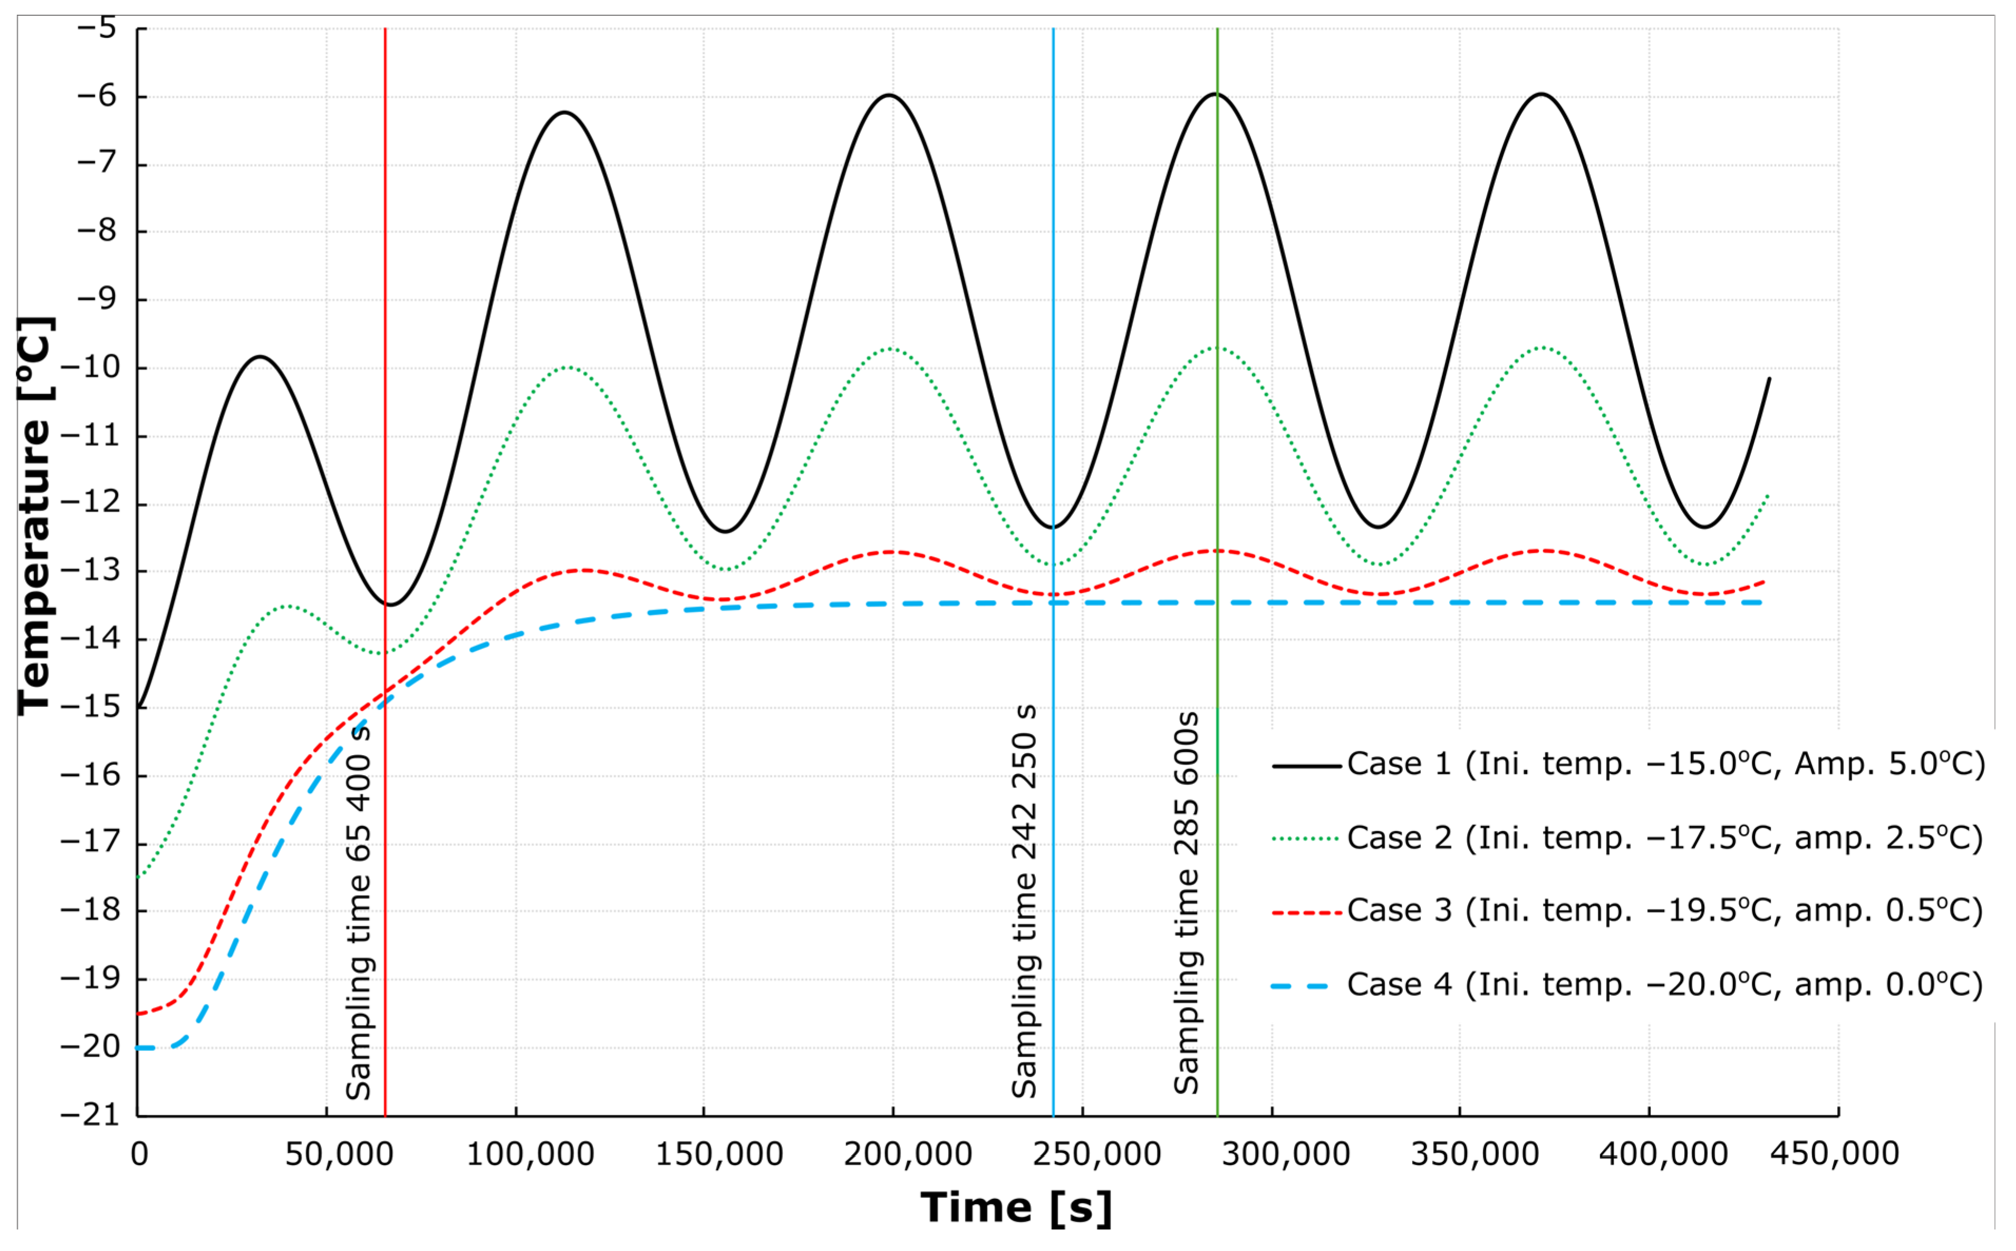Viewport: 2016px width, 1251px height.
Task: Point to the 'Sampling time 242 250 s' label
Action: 1024,902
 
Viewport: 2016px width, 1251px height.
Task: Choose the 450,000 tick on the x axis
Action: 1836,1154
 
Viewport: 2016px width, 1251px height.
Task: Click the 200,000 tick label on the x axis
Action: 908,1154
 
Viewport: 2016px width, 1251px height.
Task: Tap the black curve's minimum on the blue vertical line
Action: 1053,527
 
